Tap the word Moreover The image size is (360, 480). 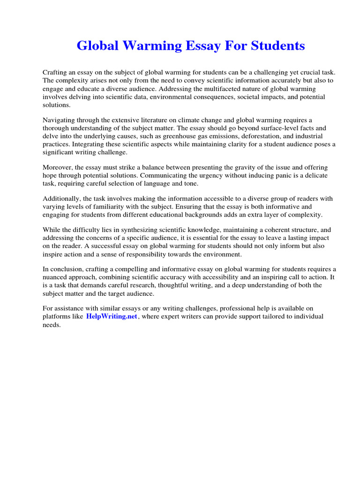point(57,167)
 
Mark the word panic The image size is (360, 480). point(244,175)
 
